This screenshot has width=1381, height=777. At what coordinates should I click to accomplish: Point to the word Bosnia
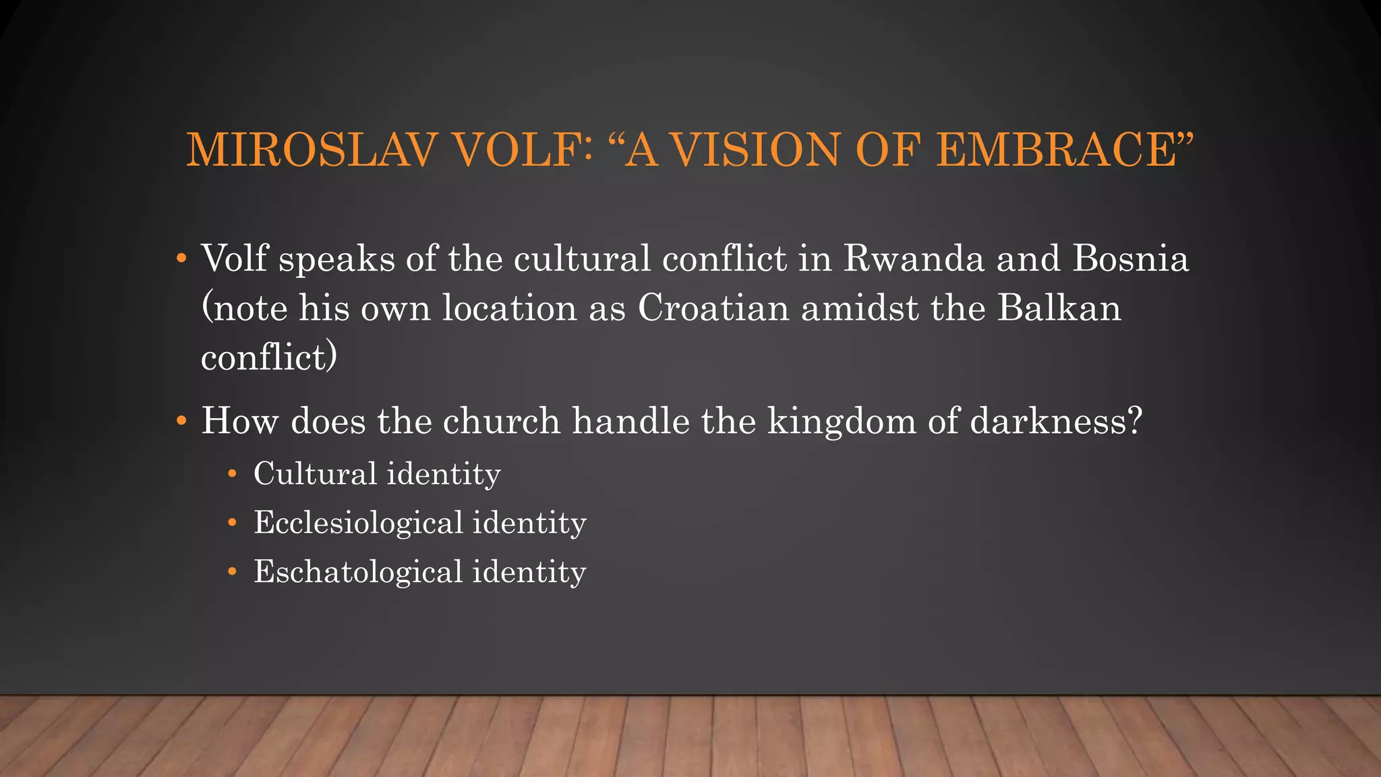click(x=1130, y=259)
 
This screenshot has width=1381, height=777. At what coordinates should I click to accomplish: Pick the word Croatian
click(x=713, y=308)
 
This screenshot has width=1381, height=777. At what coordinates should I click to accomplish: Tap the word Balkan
click(x=1059, y=308)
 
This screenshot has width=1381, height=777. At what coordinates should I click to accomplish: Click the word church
click(x=501, y=422)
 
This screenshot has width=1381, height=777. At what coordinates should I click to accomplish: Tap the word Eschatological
click(x=358, y=573)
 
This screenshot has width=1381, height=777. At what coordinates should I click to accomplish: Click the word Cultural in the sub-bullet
click(x=315, y=473)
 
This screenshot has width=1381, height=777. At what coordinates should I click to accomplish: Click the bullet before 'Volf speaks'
click(x=180, y=260)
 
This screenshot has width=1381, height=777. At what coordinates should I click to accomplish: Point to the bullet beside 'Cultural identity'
click(x=232, y=474)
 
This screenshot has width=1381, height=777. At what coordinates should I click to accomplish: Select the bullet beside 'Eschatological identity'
click(x=232, y=573)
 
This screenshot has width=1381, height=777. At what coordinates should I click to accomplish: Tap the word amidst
click(x=860, y=308)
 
